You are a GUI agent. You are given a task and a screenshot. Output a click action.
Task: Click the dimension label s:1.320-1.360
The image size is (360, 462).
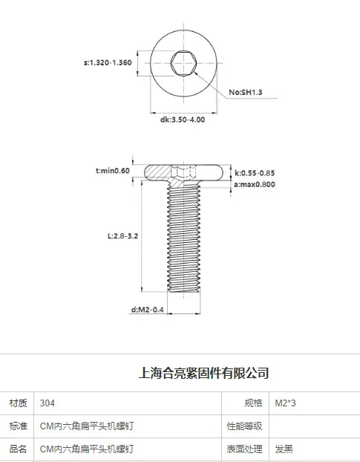108,62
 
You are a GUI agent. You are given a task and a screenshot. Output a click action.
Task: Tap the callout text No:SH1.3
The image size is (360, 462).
246,93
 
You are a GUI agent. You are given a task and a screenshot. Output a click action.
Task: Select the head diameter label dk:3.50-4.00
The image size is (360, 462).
183,120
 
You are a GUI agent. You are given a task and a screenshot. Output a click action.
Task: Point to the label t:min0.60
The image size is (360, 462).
112,171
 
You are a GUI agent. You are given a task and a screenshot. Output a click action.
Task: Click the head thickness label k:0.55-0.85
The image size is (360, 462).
255,173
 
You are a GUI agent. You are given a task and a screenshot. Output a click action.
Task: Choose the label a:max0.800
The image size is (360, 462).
255,184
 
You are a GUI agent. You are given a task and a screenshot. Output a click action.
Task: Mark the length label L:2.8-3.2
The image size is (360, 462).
122,236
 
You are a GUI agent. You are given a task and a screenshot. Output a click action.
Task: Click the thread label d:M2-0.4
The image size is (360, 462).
147,310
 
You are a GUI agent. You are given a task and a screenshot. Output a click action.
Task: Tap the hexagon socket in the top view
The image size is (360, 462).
183,63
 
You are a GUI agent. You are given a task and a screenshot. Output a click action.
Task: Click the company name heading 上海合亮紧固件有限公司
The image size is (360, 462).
203,373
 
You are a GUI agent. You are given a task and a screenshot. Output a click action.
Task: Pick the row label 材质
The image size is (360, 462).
19,403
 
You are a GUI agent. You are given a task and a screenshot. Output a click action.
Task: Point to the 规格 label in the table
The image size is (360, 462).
253,403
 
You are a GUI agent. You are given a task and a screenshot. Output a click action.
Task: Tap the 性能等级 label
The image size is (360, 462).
244,426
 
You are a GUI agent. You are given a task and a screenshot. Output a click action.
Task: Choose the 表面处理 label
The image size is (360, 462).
244,449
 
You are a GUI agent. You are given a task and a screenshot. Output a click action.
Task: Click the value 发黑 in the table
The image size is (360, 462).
284,449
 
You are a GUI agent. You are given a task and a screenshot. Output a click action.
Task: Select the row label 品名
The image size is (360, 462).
19,449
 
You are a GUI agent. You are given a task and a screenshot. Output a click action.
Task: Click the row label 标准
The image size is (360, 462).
19,426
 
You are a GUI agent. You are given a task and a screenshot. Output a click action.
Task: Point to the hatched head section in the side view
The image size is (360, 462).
159,173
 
